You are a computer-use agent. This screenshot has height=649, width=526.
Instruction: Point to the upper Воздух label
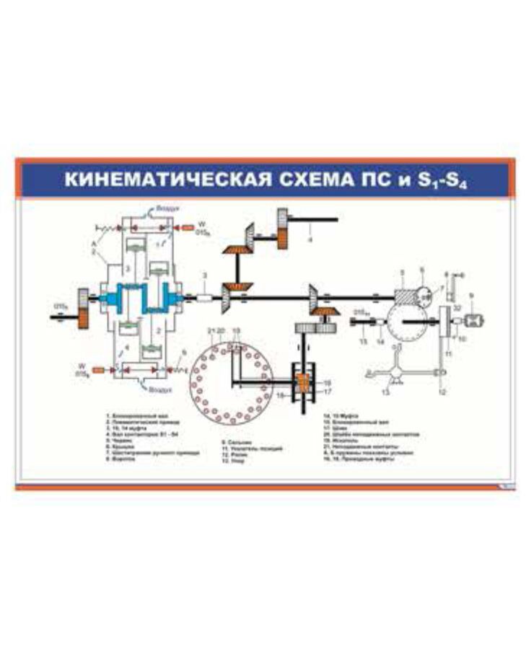pyautogui.click(x=165, y=208)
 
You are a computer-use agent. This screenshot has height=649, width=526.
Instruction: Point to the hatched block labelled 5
pyautogui.click(x=408, y=296)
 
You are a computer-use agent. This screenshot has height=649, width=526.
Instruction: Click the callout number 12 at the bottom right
pyautogui.click(x=442, y=392)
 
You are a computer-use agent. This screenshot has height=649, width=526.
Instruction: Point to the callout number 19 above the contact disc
pyautogui.click(x=234, y=330)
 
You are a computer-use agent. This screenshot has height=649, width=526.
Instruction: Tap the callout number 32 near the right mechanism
pyautogui.click(x=456, y=309)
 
